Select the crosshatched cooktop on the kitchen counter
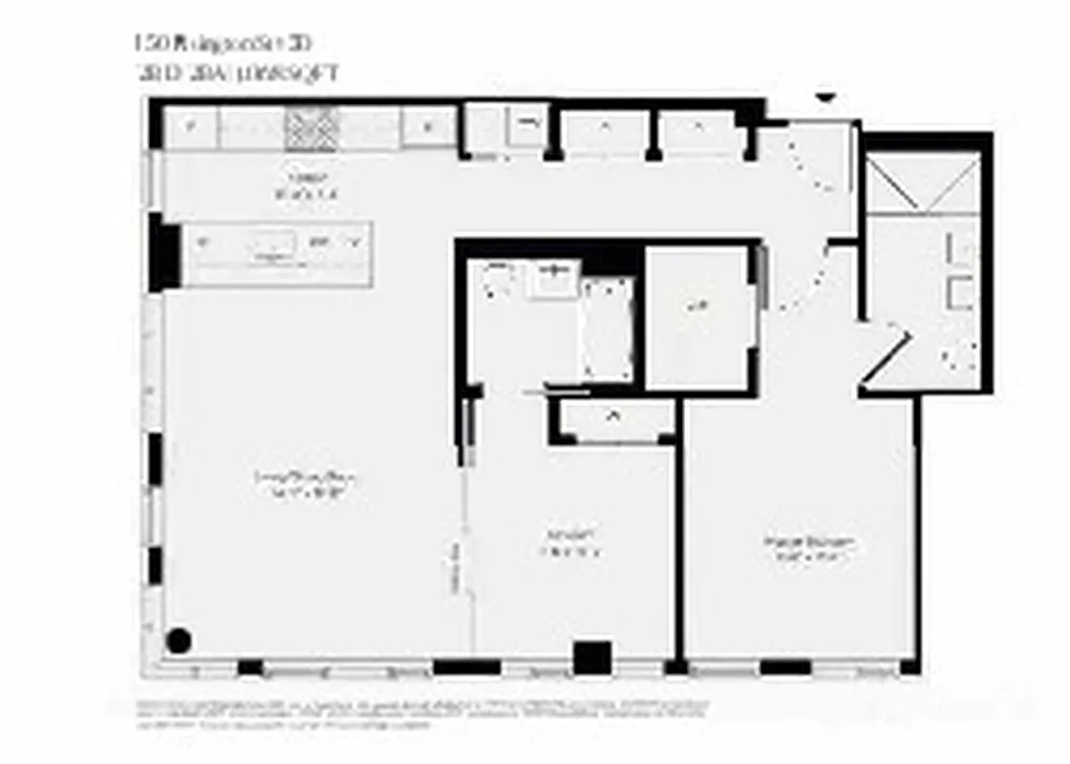click(x=311, y=128)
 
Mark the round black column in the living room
click(x=179, y=641)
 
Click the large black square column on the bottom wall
click(x=591, y=658)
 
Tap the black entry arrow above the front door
click(x=825, y=97)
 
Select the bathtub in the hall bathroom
click(x=607, y=330)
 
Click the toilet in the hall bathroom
click(x=500, y=280)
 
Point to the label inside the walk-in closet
click(x=697, y=308)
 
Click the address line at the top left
click(x=224, y=44)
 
